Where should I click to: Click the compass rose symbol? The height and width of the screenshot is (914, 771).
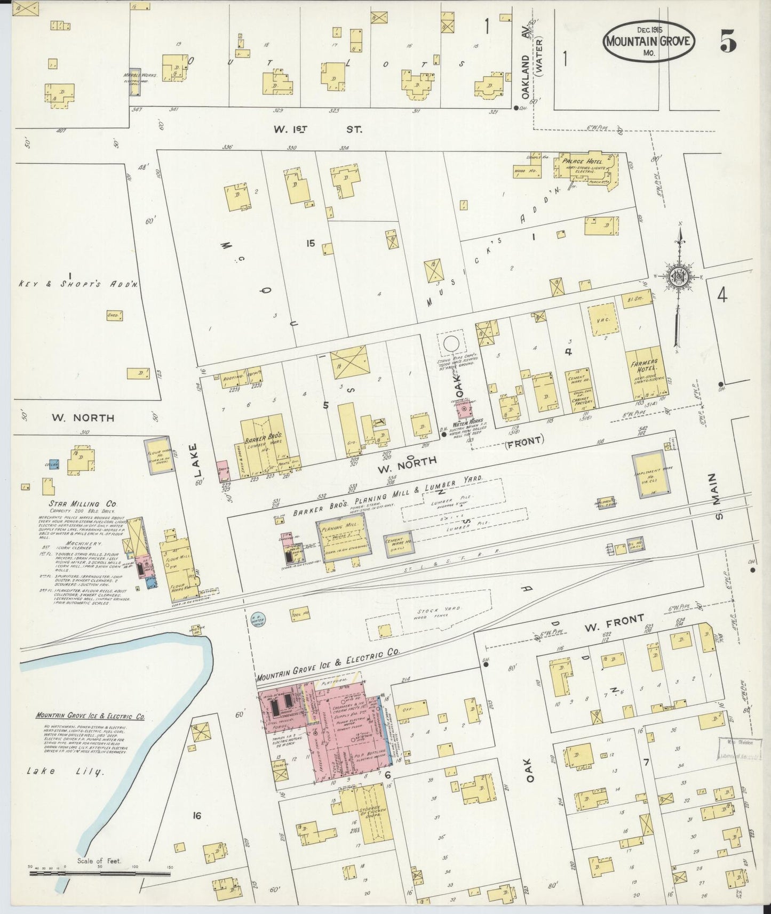(679, 278)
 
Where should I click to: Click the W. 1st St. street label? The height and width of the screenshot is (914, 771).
(312, 129)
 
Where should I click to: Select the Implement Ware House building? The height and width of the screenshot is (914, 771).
(648, 475)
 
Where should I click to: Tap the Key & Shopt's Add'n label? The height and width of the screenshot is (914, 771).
(71, 285)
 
